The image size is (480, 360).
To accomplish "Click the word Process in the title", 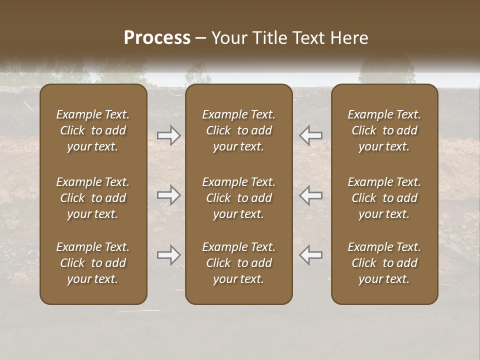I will click(x=157, y=38).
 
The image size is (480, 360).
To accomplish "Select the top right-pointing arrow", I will click(x=168, y=135).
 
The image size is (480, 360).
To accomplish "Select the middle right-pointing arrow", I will click(x=168, y=195).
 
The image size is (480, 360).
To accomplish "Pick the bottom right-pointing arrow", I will click(x=168, y=255).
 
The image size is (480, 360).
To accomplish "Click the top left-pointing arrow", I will click(x=310, y=135).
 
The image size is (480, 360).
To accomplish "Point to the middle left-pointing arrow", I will click(x=310, y=195).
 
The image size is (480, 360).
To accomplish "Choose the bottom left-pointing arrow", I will click(x=310, y=255).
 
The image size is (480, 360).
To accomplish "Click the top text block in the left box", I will click(x=93, y=130).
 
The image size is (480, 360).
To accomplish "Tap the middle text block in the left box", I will click(x=93, y=198).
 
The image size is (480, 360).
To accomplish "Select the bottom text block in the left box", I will click(x=93, y=263).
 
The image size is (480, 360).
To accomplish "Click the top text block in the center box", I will click(x=238, y=130).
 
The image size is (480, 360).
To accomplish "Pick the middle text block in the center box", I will click(x=238, y=198).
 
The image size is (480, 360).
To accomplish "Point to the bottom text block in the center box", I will click(x=238, y=263).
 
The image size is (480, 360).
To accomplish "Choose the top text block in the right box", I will click(x=384, y=130).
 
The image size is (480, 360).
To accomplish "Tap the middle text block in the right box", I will click(x=384, y=198).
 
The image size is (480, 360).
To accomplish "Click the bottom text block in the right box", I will click(x=384, y=263).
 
